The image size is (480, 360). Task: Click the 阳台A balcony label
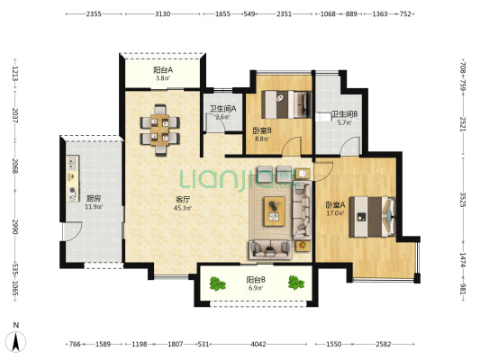163,70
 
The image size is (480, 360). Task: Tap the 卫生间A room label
222,109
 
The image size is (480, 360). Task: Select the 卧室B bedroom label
262,130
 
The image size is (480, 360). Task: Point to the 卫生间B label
345,114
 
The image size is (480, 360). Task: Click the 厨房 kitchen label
94,199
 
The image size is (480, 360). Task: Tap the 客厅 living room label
183,200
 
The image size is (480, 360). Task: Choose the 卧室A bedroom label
335,204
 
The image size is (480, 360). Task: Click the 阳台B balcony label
256,280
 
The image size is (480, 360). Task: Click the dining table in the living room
159,130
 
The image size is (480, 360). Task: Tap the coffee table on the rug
275,211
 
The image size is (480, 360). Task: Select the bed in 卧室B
286,104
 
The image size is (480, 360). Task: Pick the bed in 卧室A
373,217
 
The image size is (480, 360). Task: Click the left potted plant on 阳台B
217,283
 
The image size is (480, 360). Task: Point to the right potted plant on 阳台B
296,283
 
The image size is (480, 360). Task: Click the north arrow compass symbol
16,341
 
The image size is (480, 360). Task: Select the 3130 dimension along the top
162,14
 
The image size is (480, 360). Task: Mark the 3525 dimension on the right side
463,200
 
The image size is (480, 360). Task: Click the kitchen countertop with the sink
73,178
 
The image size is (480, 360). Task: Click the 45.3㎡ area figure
183,208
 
